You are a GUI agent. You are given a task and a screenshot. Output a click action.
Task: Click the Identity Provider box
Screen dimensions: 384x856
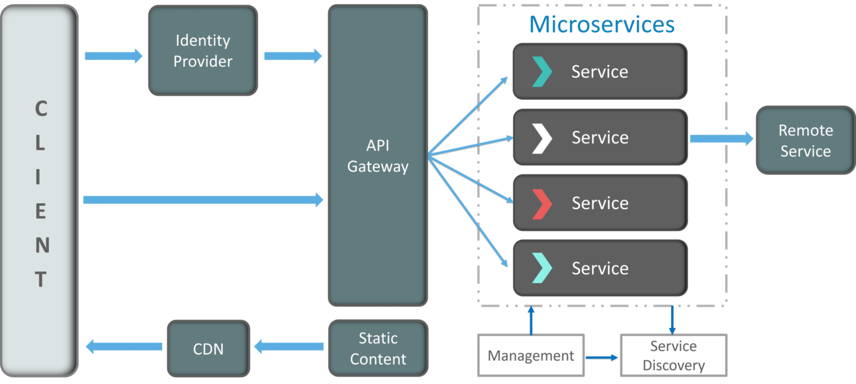click(x=203, y=51)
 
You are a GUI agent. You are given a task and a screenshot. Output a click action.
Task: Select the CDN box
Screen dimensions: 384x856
click(x=208, y=349)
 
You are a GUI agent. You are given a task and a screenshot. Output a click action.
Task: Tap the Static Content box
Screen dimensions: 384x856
click(x=378, y=348)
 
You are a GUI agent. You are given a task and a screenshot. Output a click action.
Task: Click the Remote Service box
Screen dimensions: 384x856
click(x=805, y=141)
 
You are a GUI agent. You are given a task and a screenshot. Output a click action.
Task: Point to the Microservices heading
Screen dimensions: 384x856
click(x=602, y=24)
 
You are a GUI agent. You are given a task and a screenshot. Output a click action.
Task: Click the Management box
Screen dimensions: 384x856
click(x=531, y=356)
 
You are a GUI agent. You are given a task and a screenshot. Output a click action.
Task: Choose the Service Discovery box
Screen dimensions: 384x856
click(x=674, y=356)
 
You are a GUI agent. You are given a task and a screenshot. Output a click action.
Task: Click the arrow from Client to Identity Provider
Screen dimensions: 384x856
click(x=113, y=56)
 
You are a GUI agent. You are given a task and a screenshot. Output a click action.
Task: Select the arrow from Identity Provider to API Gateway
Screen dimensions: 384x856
click(x=293, y=56)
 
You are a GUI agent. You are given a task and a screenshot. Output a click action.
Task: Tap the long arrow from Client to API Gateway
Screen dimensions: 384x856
click(x=203, y=200)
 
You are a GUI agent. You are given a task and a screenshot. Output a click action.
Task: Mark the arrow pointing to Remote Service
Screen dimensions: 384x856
click(x=721, y=138)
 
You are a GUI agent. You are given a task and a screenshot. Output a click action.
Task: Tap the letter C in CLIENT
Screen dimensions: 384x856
click(x=41, y=109)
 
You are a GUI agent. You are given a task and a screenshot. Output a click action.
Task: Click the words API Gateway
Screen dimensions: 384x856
click(x=378, y=156)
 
